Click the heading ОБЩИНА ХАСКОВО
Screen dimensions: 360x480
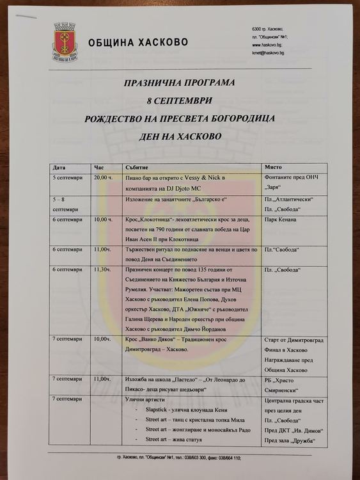(137, 42)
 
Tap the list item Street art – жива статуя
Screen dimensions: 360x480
(182, 438)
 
